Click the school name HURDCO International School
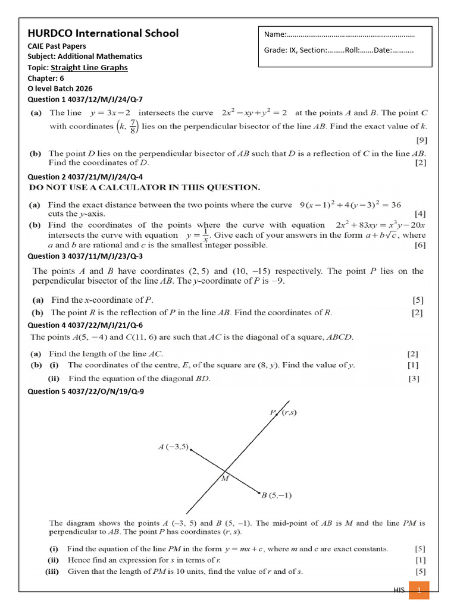coord(103,33)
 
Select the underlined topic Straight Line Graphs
coord(89,67)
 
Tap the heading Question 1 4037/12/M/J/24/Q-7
coord(85,99)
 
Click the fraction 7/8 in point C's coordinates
coord(133,127)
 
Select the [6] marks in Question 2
coord(420,245)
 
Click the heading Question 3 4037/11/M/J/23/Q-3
coord(85,256)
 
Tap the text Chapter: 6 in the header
coord(45,78)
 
